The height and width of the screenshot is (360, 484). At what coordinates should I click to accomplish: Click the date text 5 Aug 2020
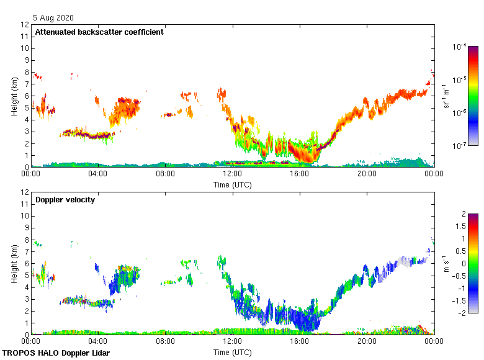pyautogui.click(x=53, y=18)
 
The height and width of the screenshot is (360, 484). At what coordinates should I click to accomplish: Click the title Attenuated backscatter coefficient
pyautogui.click(x=99, y=32)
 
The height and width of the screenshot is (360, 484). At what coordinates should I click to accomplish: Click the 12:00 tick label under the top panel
pyautogui.click(x=232, y=173)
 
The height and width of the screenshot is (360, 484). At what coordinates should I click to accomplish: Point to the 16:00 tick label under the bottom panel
pyautogui.click(x=299, y=341)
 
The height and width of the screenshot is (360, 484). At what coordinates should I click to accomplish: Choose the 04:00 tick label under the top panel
pyautogui.click(x=98, y=173)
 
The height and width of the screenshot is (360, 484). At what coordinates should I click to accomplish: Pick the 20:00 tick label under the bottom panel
pyautogui.click(x=366, y=341)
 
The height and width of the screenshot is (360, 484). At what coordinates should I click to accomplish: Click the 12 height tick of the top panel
pyautogui.click(x=25, y=25)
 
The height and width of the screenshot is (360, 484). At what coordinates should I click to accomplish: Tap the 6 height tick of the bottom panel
pyautogui.click(x=27, y=264)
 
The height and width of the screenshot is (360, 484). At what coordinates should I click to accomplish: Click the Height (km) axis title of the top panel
pyautogui.click(x=14, y=96)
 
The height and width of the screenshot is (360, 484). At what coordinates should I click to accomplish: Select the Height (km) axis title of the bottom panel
pyautogui.click(x=14, y=264)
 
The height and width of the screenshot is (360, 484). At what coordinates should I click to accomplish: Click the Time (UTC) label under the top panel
pyautogui.click(x=233, y=184)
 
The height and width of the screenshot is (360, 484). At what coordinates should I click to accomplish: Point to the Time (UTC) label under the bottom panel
pyautogui.click(x=233, y=352)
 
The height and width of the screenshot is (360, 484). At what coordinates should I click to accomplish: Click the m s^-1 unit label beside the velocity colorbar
pyautogui.click(x=447, y=263)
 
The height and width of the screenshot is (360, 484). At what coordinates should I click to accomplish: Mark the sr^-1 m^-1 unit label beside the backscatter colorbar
pyautogui.click(x=447, y=96)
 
